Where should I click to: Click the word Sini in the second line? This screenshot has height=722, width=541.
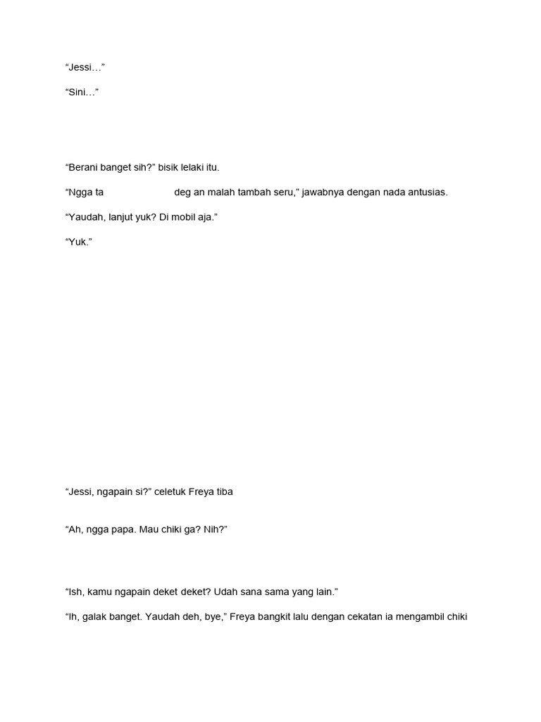click(x=79, y=92)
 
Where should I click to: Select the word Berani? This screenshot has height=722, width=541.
click(x=85, y=168)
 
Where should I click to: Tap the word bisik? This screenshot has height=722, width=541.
click(x=169, y=168)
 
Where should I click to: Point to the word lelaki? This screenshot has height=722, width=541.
click(x=197, y=168)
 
